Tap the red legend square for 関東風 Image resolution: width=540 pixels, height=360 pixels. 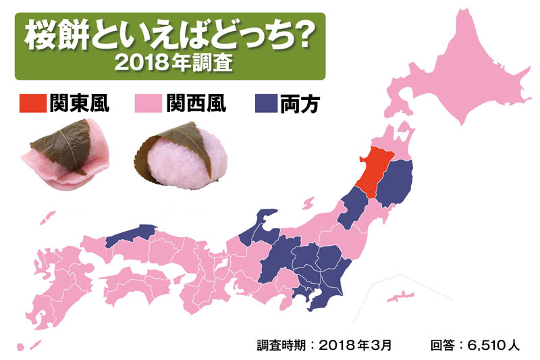(31, 103)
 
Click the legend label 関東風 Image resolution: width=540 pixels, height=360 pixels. (80, 103)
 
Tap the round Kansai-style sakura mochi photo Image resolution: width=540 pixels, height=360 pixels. (182, 157)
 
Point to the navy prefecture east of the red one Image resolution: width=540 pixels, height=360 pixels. (395, 182)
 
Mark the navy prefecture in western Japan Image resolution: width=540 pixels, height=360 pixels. (128, 232)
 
